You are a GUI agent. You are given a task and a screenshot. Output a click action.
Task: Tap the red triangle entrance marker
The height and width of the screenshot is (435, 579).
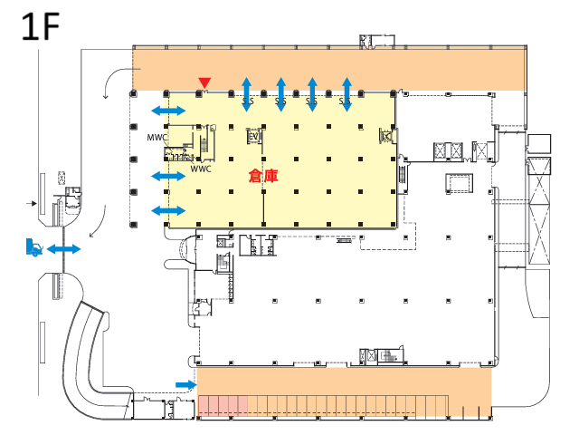(205, 83)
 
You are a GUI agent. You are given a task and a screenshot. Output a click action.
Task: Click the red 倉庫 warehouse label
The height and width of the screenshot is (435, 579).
(263, 177)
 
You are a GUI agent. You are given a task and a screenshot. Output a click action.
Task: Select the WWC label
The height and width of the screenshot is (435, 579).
(200, 169)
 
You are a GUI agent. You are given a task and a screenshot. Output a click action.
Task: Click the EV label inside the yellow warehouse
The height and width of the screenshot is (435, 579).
(254, 137)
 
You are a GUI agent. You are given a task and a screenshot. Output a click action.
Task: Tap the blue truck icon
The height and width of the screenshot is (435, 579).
(33, 246)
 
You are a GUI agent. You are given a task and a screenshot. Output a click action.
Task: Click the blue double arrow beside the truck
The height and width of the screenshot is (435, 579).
(63, 248)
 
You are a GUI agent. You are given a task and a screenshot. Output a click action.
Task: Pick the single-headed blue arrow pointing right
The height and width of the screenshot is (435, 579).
(185, 385)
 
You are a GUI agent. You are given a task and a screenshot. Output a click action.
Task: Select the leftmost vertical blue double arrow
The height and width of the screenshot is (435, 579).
(246, 94)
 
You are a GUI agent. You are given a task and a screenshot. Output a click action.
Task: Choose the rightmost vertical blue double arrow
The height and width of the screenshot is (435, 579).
(346, 94)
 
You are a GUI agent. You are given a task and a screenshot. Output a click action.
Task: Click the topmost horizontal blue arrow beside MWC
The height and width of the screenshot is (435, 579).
(168, 111)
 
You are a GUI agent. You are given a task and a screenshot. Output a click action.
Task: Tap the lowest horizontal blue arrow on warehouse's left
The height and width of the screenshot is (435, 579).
(168, 210)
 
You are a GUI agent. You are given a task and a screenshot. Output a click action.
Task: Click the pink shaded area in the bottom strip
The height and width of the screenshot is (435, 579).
(221, 406)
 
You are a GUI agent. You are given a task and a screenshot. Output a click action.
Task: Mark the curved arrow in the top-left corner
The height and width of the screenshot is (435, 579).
(112, 83)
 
